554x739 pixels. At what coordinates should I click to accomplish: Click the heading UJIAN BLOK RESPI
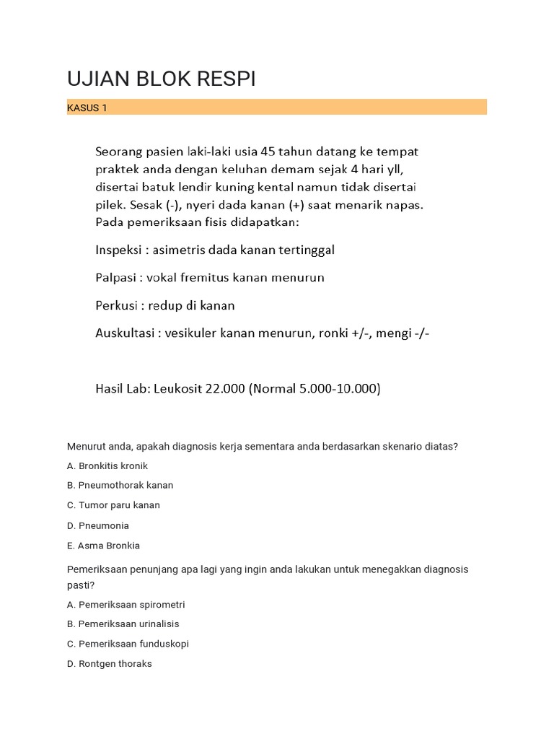161,79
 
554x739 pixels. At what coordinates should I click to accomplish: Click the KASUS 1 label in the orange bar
87,108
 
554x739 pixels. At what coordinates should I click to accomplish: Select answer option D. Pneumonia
98,525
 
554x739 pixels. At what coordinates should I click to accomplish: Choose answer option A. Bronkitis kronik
107,466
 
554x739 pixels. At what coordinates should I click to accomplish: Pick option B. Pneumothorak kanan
120,486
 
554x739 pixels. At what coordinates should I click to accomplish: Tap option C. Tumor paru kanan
114,505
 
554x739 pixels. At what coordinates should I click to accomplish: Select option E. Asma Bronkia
104,546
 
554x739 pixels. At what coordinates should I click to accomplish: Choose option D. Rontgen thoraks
110,664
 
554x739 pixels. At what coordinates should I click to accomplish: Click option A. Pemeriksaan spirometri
126,605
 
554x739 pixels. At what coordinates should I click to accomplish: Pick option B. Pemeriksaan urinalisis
123,624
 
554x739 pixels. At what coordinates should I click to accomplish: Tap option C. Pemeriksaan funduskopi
128,644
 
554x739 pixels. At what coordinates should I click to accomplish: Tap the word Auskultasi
126,333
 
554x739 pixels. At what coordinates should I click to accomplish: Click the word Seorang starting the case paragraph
119,152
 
